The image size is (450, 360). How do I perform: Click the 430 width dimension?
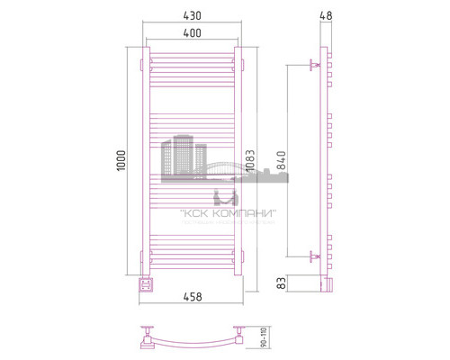tap(191, 16)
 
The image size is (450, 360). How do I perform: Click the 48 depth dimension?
tap(327, 16)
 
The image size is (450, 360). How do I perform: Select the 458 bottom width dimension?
tap(191, 297)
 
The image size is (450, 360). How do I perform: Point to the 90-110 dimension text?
tap(263, 337)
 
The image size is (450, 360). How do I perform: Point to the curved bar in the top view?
tap(192, 341)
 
